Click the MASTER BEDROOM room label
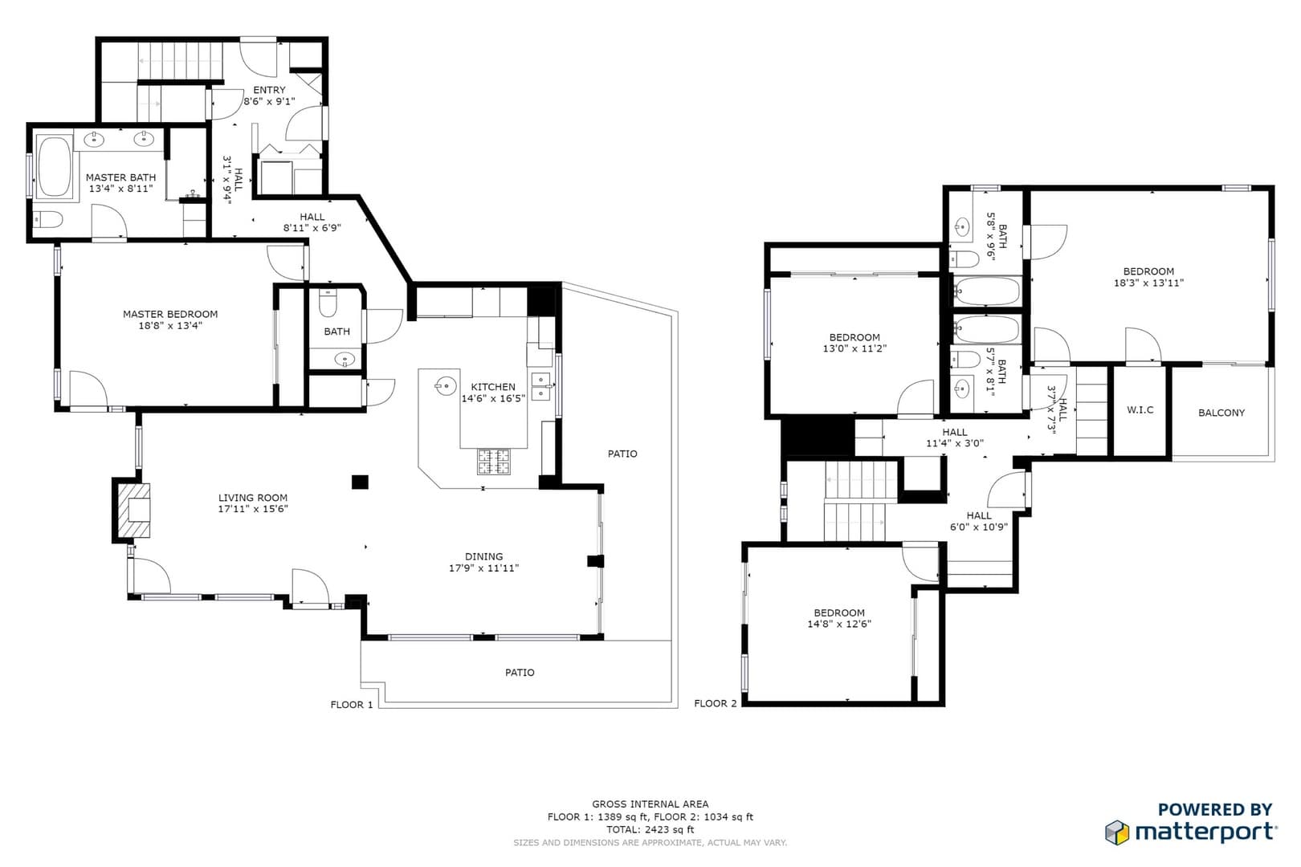point(170,314)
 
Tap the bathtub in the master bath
point(54,167)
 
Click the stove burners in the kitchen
point(494,462)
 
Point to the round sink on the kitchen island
point(446,385)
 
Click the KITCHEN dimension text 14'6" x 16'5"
point(493,398)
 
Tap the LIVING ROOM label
point(253,498)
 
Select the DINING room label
point(483,556)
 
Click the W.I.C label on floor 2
point(1140,410)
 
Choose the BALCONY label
point(1221,413)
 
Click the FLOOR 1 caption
point(352,705)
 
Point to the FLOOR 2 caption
point(715,704)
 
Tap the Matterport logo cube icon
point(1117,832)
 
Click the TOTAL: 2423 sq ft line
point(650,830)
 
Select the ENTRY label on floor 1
point(270,90)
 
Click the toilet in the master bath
point(47,220)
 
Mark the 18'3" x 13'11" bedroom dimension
point(1148,283)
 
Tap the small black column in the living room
point(360,482)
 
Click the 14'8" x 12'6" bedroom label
point(839,625)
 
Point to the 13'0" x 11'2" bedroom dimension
point(854,349)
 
